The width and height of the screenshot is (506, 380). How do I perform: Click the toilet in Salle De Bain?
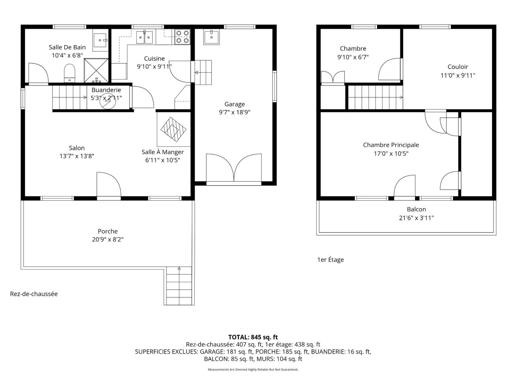click(69, 73)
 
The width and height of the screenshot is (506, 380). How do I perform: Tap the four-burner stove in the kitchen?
click(182, 37)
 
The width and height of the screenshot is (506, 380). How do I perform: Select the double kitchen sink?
click(144, 37)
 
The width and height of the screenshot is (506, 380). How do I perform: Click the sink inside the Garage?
click(211, 37)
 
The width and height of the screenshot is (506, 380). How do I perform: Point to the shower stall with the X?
click(96, 70)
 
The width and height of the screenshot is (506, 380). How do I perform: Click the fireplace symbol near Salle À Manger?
click(173, 129)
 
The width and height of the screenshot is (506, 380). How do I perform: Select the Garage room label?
click(235, 104)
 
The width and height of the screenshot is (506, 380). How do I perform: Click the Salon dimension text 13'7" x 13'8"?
click(77, 156)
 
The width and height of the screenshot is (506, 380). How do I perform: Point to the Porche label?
click(107, 231)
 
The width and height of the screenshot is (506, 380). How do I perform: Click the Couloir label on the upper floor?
click(458, 67)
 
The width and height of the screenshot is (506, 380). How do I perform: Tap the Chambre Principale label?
click(391, 145)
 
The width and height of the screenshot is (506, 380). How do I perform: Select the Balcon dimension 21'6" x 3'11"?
click(416, 218)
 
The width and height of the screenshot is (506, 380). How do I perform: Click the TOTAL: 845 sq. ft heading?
click(253, 337)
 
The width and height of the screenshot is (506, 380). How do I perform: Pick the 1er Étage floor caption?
click(330, 259)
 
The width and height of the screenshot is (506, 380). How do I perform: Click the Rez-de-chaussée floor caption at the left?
click(34, 294)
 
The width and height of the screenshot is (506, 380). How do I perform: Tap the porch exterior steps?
click(179, 286)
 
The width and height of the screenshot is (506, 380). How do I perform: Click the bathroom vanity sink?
click(100, 40)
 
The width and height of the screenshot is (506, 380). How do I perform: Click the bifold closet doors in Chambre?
click(333, 77)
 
